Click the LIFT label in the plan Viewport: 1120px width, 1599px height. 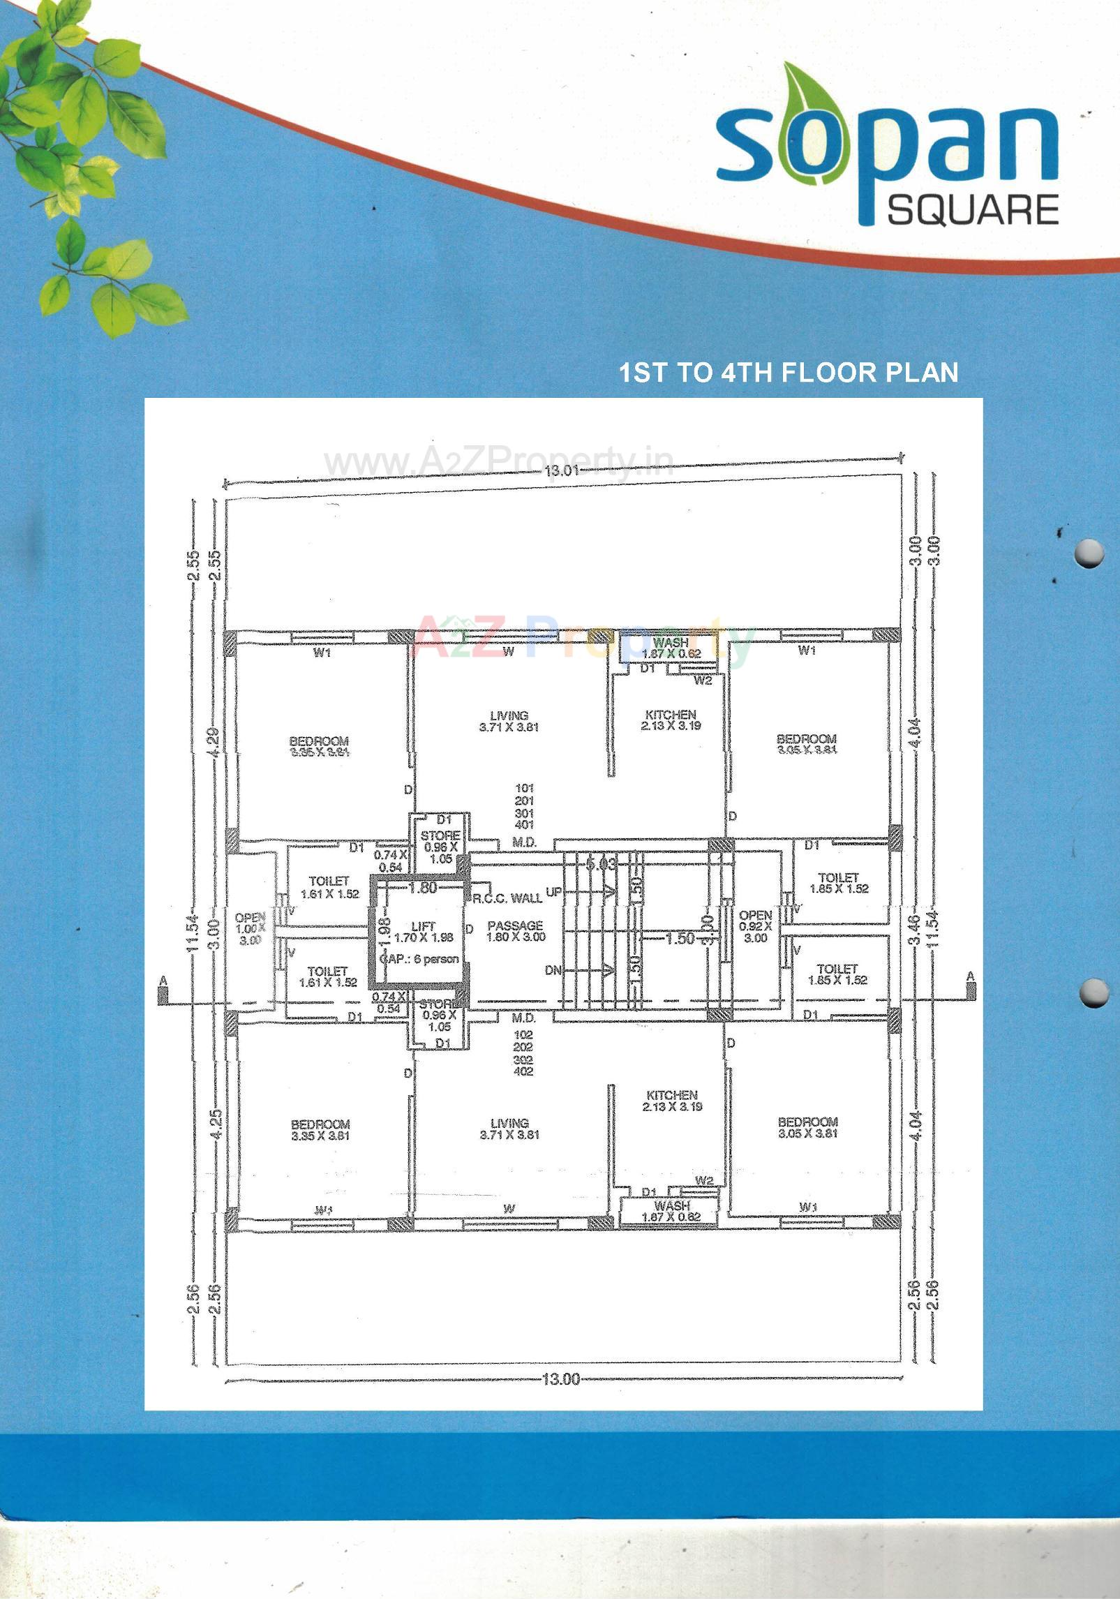(424, 927)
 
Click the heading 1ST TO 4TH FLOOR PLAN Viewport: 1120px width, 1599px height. (789, 373)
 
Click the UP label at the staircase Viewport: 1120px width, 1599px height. (554, 892)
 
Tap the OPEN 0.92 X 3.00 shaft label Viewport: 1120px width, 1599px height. (756, 926)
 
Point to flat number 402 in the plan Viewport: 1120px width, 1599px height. (523, 1071)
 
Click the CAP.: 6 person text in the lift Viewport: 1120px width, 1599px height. (419, 959)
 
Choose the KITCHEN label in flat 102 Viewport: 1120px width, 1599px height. (671, 1101)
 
